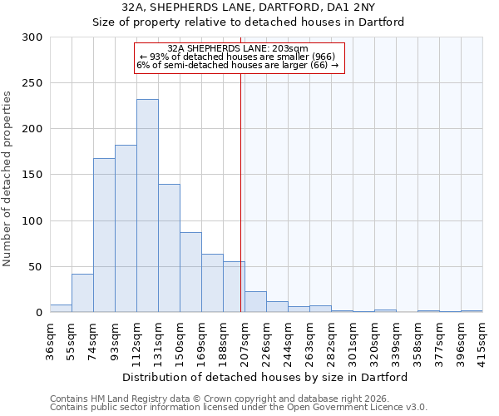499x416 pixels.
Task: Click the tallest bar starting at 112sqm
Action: point(147,206)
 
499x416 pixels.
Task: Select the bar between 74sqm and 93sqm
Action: point(104,235)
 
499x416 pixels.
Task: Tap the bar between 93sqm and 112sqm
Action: point(126,229)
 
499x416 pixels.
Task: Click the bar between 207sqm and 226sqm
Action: point(255,302)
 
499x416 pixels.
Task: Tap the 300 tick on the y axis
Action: point(33,37)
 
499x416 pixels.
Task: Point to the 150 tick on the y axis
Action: point(33,175)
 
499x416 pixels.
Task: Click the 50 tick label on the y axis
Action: point(37,267)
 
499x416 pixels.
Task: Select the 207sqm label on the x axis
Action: point(245,340)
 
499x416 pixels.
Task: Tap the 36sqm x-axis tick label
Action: point(50,340)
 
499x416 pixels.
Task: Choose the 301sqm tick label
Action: point(353,340)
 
